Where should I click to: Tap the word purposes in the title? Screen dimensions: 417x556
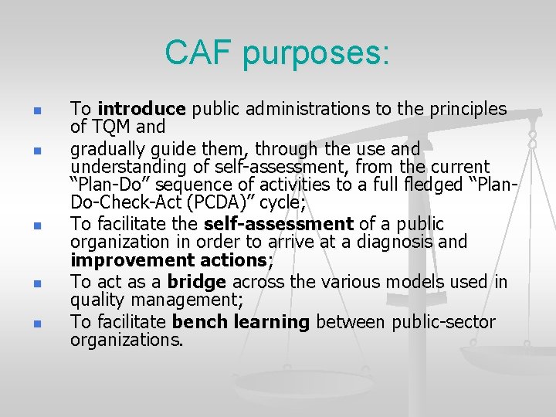click(x=315, y=54)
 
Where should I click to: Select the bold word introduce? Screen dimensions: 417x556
click(x=143, y=110)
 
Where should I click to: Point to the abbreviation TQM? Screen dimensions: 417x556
click(x=111, y=127)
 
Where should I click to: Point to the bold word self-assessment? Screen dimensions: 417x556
click(x=278, y=224)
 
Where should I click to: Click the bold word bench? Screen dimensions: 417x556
click(x=199, y=322)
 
